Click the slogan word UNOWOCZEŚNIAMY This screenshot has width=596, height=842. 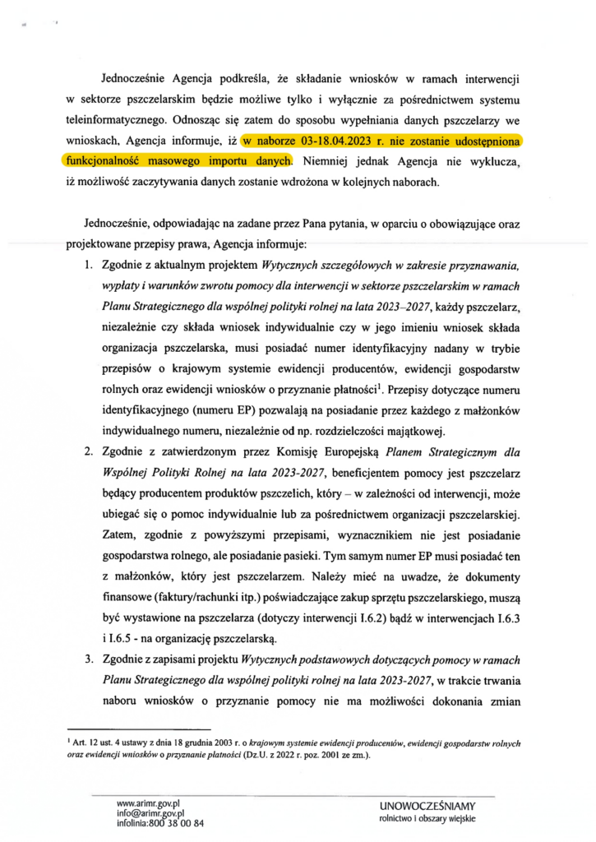429,805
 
